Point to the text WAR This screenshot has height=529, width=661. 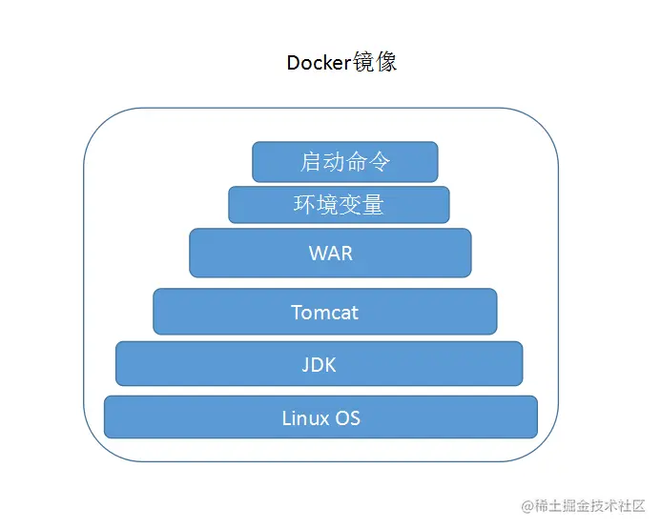[x=330, y=254]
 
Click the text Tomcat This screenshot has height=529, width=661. [x=325, y=313]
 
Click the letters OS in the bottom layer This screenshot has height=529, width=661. [x=348, y=417]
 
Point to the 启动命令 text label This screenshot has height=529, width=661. [x=345, y=162]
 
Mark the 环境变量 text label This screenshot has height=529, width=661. [x=339, y=205]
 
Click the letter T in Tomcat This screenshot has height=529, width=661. [x=297, y=313]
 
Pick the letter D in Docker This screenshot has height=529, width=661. [x=293, y=63]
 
